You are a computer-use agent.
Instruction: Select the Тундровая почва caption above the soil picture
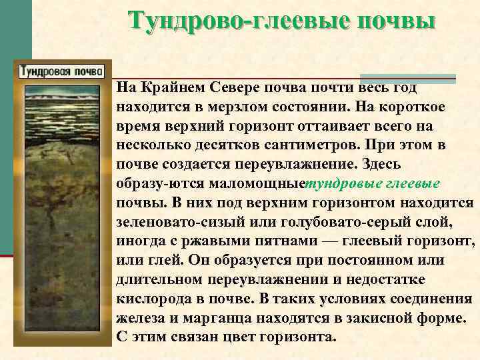[61, 69]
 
